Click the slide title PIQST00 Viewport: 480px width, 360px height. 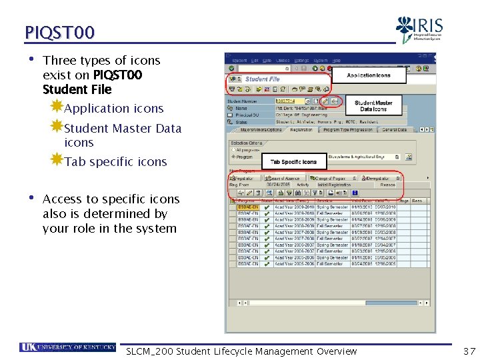60,32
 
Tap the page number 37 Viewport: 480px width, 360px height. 469,351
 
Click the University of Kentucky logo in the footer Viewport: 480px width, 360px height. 67,347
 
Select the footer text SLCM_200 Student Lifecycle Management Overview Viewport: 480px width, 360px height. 241,351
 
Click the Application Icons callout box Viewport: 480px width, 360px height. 369,76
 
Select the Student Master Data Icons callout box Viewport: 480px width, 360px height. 373,106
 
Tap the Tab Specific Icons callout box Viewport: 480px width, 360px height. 293,162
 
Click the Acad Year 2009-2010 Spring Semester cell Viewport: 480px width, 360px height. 294,207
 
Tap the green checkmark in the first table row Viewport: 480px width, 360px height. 267,207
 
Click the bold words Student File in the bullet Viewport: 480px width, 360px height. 77,89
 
